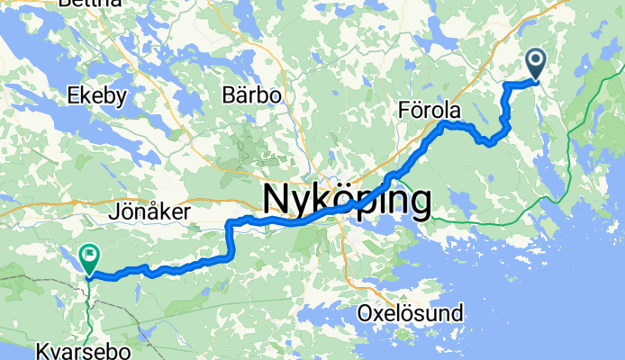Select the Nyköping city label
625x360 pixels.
[x=346, y=200]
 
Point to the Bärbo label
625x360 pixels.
[x=252, y=94]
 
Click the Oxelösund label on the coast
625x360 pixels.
[x=410, y=314]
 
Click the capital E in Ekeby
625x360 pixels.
[x=74, y=94]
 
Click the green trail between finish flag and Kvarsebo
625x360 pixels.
[x=88, y=306]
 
